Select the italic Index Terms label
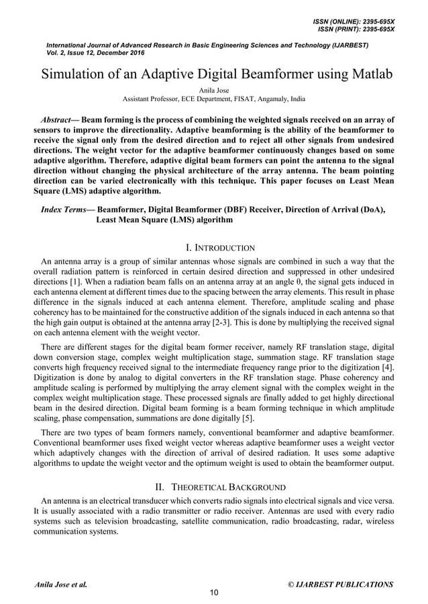[x=63, y=210]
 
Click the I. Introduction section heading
[x=214, y=248]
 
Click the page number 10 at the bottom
[x=214, y=592]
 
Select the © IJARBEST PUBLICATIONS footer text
[x=340, y=585]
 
